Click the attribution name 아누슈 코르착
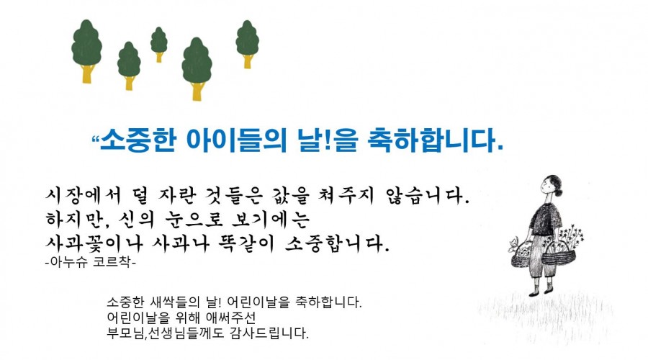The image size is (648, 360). click(89, 263)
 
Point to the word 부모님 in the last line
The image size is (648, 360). click(123, 334)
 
